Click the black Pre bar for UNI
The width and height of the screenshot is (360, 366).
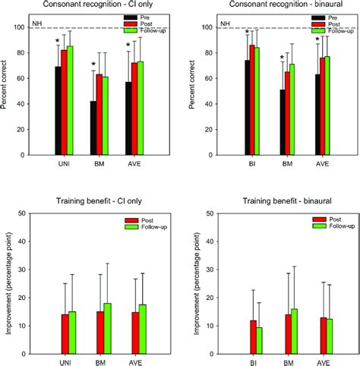(x=57, y=111)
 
